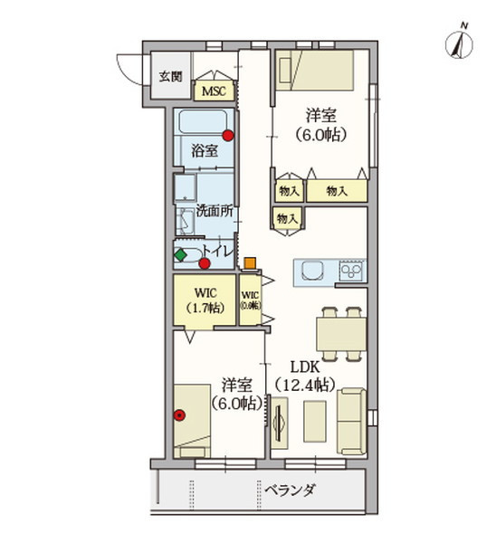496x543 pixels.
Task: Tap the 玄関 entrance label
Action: (170, 76)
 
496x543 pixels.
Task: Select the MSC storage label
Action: (215, 91)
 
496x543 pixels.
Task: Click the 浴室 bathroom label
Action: (205, 151)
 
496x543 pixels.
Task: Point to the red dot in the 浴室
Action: (228, 136)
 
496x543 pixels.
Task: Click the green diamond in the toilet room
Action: (180, 255)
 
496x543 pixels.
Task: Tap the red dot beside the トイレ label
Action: (205, 263)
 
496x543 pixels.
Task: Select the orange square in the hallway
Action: (250, 263)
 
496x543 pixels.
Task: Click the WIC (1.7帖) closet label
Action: (204, 300)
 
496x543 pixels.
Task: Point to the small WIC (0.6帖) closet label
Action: (251, 300)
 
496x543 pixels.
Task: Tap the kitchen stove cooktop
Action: (351, 270)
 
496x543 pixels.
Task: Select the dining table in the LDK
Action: (342, 332)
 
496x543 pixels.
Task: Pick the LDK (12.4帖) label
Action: (304, 376)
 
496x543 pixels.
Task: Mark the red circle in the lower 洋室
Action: (179, 416)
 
